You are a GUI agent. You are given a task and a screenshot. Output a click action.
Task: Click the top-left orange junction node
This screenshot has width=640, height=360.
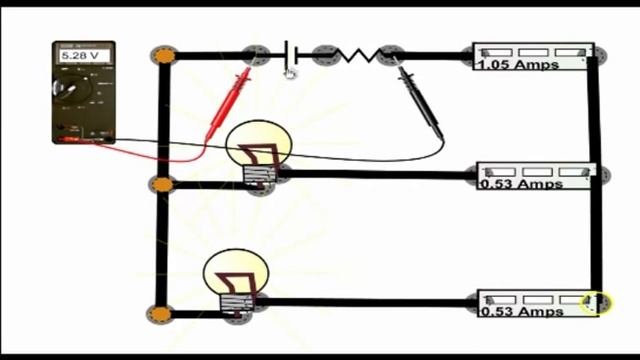[163, 56]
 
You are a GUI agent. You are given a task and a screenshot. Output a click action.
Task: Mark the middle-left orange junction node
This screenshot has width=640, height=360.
[161, 184]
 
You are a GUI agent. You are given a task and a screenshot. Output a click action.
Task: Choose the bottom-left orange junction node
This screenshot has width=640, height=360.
[160, 314]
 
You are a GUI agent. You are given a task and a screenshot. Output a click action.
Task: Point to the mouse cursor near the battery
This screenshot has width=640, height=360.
[291, 73]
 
